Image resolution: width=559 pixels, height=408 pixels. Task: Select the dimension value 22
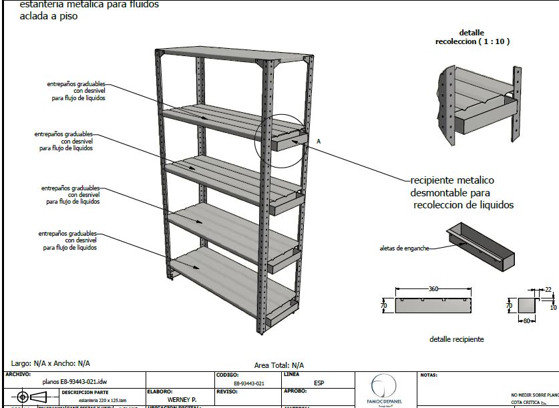click(548, 289)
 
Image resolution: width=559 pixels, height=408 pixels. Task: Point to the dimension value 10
click(552, 308)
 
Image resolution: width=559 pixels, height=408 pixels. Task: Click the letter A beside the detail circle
click(319, 142)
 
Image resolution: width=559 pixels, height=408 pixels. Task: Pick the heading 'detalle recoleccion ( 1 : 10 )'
click(472, 37)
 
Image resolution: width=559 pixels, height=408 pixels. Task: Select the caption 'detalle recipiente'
click(456, 339)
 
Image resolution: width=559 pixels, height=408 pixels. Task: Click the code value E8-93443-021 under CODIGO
click(249, 383)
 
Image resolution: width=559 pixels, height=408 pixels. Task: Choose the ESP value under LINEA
click(319, 383)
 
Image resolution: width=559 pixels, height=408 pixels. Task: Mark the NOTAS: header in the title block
click(429, 375)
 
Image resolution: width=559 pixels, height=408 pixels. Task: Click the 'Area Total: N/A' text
click(278, 365)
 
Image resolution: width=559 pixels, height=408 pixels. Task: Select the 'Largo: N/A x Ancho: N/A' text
click(47, 363)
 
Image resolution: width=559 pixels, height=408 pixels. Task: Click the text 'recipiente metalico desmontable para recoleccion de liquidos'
click(461, 192)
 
